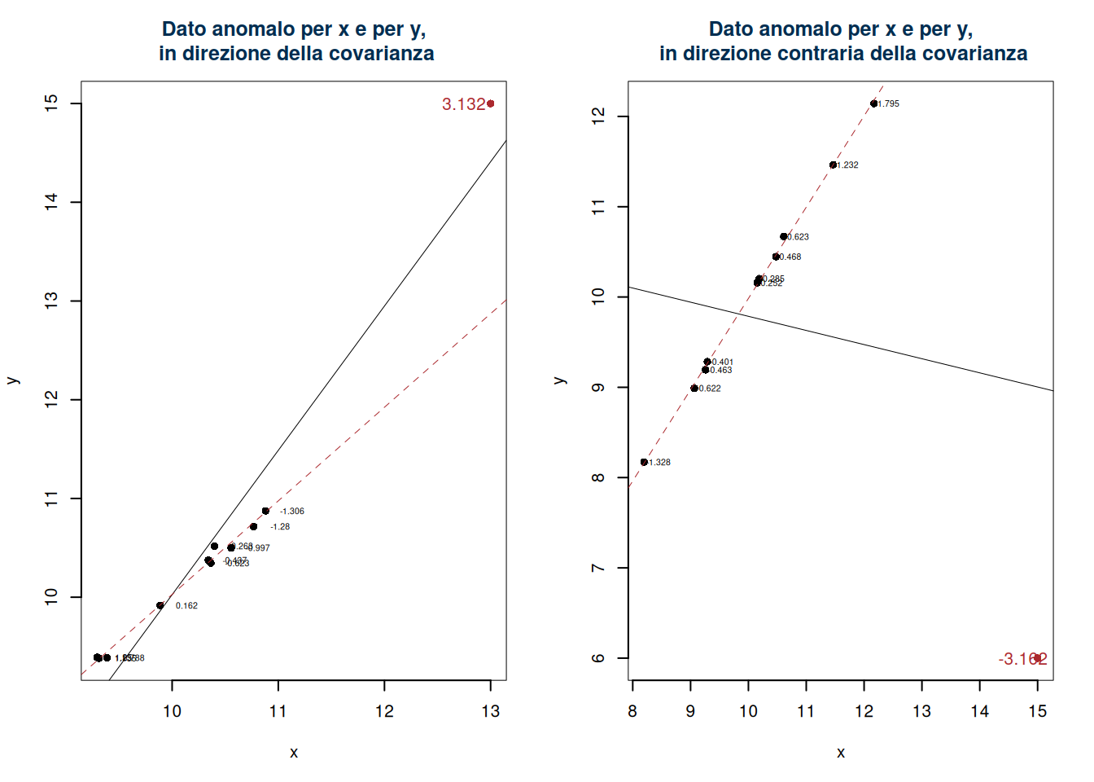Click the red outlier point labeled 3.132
(490, 103)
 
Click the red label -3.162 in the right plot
(1022, 659)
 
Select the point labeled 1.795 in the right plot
(873, 103)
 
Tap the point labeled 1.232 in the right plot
(833, 165)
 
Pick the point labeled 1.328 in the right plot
(644, 462)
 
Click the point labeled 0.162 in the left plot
(160, 605)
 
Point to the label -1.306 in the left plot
(291, 512)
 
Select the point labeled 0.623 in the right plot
(783, 237)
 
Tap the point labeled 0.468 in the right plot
(776, 257)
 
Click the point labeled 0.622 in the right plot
(694, 389)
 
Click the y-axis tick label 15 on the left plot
(52, 103)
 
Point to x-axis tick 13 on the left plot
(490, 711)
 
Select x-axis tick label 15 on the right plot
(1037, 711)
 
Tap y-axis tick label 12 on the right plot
(599, 116)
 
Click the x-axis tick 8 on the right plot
(632, 711)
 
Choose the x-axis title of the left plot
(294, 753)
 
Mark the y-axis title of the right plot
(559, 380)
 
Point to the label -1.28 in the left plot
(280, 527)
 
